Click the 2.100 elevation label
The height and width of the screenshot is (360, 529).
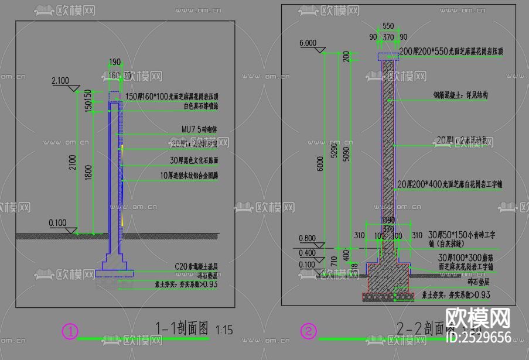[60, 81]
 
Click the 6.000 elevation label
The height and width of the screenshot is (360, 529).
[308, 43]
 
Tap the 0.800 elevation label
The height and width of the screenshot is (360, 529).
[308, 239]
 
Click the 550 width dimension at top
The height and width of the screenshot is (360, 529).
[388, 26]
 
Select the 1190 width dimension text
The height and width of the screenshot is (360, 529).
[387, 221]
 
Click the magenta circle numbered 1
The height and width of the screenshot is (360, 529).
[70, 332]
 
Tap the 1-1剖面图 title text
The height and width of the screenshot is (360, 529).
[182, 328]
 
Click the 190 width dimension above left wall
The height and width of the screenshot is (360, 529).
[115, 62]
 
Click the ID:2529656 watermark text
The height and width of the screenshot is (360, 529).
[479, 337]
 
